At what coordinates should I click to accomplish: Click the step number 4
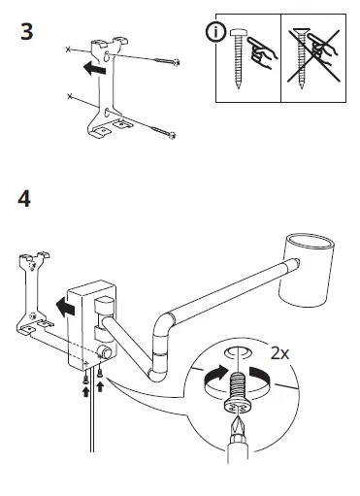point(26,200)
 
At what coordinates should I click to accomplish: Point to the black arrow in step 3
point(93,69)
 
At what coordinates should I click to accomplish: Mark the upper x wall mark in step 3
point(66,48)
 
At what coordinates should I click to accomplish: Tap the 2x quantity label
point(279,353)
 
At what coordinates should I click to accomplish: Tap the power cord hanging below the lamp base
point(92,427)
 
